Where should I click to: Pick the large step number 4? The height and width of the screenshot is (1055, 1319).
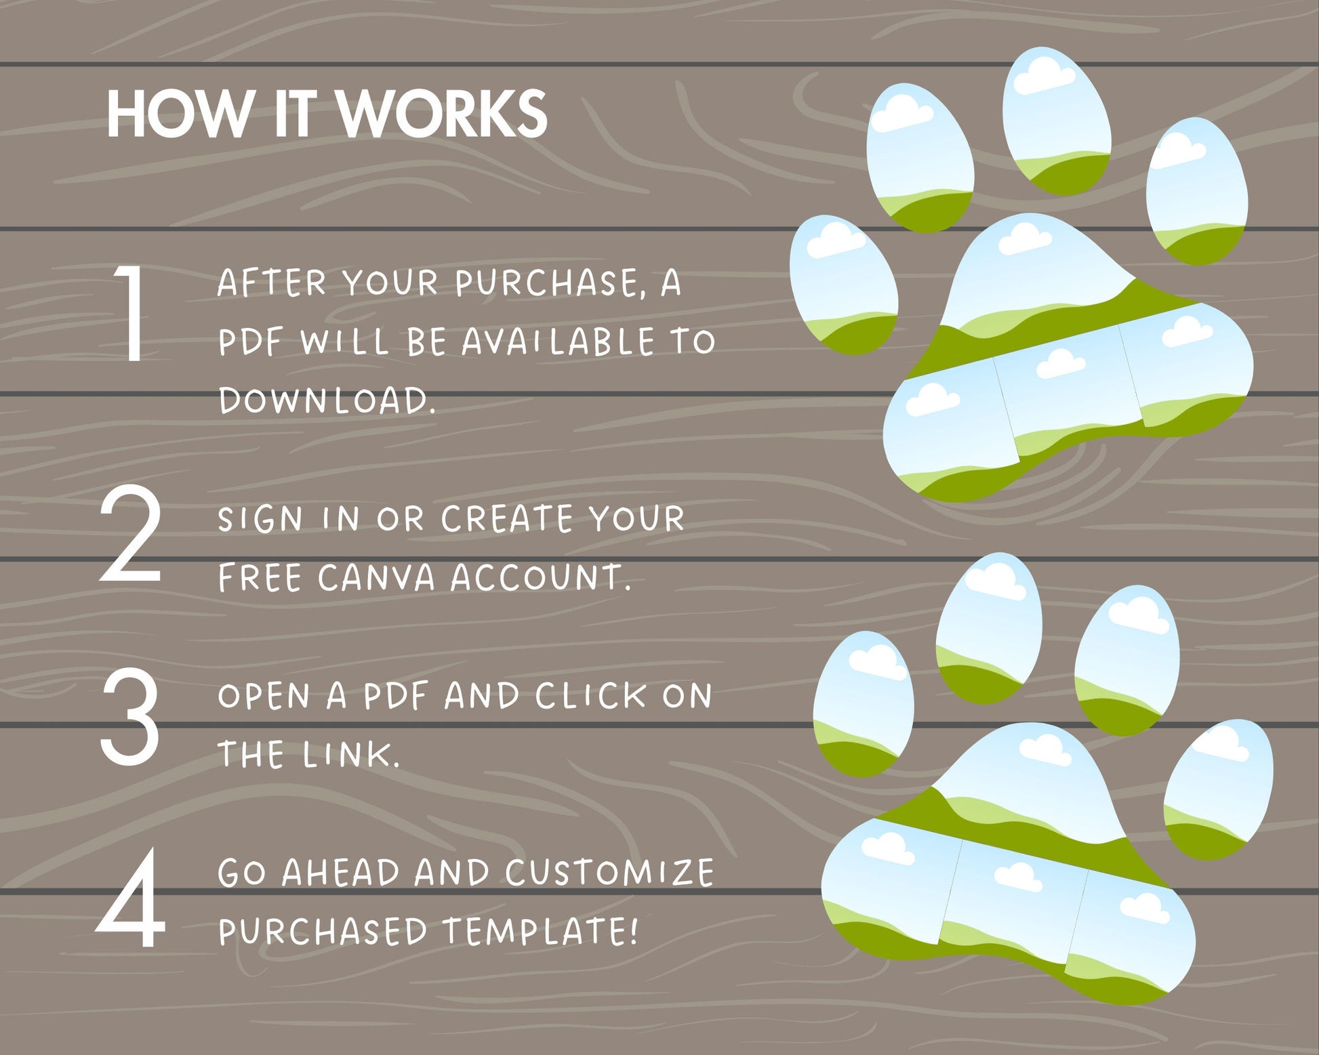(131, 898)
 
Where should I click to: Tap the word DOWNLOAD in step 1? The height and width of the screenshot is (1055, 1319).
(327, 400)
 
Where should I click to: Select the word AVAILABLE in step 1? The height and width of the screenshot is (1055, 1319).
(558, 342)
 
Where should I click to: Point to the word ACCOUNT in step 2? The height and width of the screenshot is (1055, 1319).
(540, 578)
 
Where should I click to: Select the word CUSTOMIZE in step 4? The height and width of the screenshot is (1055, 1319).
(609, 873)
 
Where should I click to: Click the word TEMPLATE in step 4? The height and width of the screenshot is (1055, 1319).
(540, 931)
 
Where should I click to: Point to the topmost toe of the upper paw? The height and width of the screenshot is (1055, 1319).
(1057, 122)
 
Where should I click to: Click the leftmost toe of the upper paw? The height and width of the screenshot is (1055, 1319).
(845, 285)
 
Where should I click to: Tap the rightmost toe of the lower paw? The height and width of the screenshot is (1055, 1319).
(1218, 790)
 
